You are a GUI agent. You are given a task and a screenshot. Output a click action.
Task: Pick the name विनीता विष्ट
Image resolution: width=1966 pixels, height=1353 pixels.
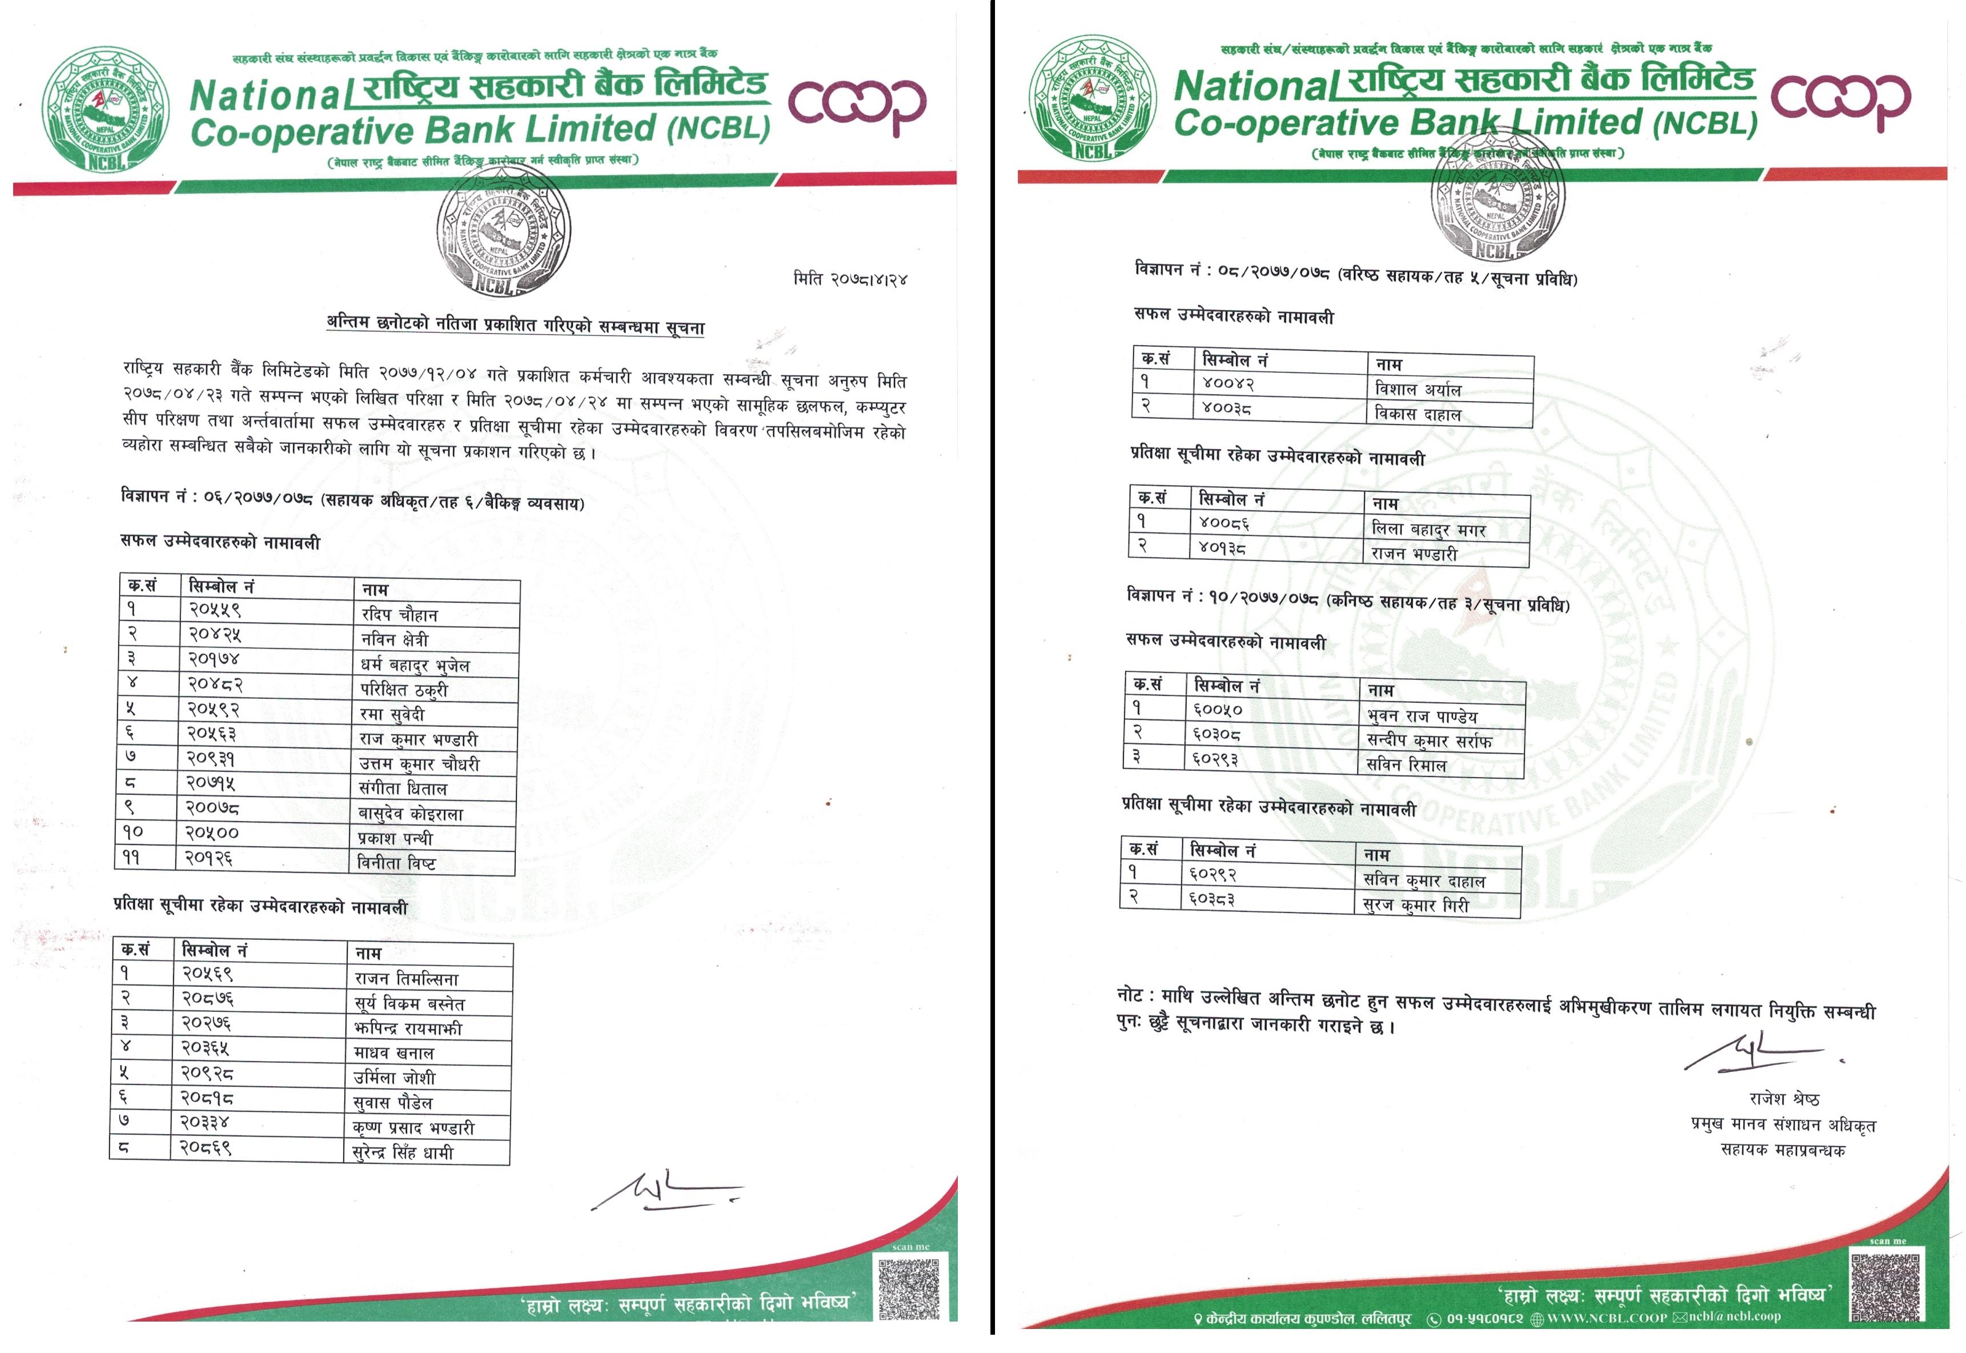[x=397, y=863]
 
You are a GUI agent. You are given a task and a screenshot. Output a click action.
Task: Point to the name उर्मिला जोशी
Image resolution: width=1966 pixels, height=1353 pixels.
[x=394, y=1078]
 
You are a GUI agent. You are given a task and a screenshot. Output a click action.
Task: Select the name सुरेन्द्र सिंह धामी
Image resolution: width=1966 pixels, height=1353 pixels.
[x=403, y=1153]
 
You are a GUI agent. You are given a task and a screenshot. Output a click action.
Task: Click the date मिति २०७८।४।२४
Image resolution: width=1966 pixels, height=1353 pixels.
[x=850, y=278]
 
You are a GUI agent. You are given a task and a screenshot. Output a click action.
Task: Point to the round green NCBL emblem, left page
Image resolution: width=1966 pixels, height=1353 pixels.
[x=105, y=107]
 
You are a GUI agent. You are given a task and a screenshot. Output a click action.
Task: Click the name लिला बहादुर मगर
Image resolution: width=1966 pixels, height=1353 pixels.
[x=1429, y=530]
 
